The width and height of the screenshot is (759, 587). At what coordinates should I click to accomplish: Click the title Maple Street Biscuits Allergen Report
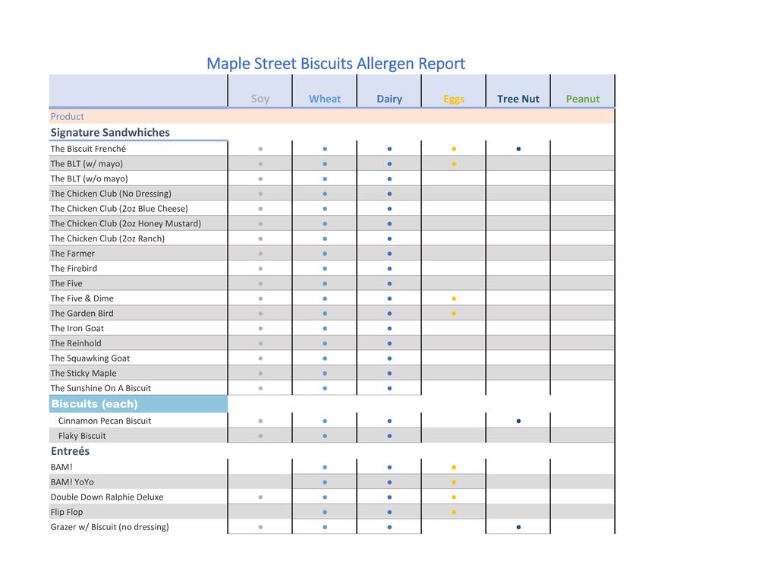point(335,64)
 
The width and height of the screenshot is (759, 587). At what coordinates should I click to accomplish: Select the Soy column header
point(260,99)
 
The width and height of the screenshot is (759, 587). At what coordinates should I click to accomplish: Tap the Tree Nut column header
point(518,99)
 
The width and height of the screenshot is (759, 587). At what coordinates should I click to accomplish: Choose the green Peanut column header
point(583,99)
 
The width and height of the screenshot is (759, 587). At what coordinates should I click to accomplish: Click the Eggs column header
point(454,99)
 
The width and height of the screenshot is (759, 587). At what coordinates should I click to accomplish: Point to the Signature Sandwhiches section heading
point(110,132)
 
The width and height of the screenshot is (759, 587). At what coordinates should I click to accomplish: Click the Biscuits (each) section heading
point(95,404)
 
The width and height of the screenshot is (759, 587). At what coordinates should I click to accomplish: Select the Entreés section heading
point(71,451)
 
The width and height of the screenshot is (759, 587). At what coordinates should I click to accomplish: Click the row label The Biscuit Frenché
point(88,149)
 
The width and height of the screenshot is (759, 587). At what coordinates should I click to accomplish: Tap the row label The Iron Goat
point(77,328)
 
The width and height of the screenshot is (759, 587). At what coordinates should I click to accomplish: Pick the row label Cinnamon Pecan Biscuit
point(105,421)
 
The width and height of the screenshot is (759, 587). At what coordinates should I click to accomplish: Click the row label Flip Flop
point(67,512)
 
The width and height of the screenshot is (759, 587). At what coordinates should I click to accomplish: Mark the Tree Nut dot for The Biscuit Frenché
point(518,149)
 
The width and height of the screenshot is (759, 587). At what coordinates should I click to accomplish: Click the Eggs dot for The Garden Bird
point(454,314)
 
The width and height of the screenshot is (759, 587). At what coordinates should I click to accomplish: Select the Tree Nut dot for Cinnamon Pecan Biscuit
point(518,421)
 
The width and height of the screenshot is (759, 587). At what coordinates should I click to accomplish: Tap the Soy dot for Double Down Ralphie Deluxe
point(260,497)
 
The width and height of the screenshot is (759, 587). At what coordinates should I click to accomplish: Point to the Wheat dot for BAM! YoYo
point(325,482)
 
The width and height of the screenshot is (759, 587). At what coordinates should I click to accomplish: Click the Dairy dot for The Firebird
point(389,269)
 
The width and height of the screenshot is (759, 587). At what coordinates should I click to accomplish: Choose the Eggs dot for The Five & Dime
point(454,298)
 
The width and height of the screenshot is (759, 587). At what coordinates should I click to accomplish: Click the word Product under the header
point(68,116)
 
